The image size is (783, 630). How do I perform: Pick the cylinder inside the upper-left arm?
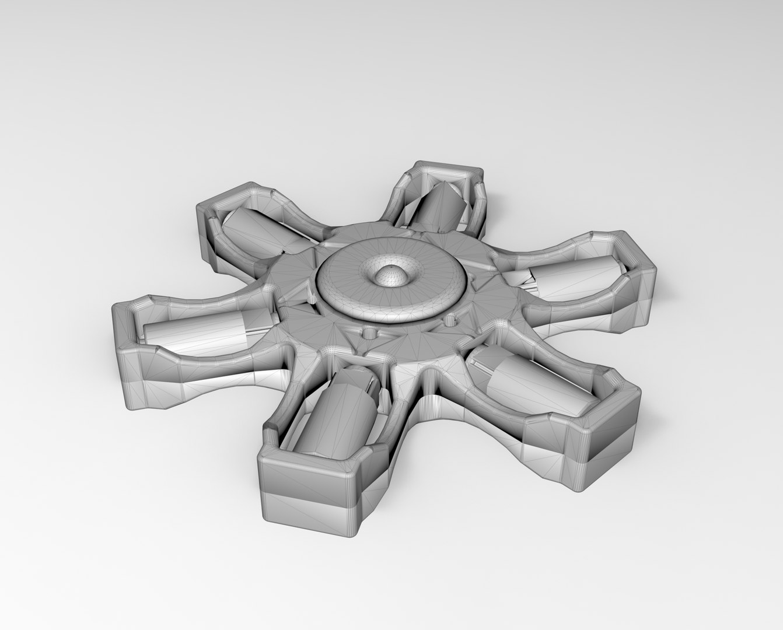tap(251, 233)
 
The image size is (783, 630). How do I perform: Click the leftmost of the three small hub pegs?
tap(314, 301)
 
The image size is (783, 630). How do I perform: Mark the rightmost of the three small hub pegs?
tap(449, 320)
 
